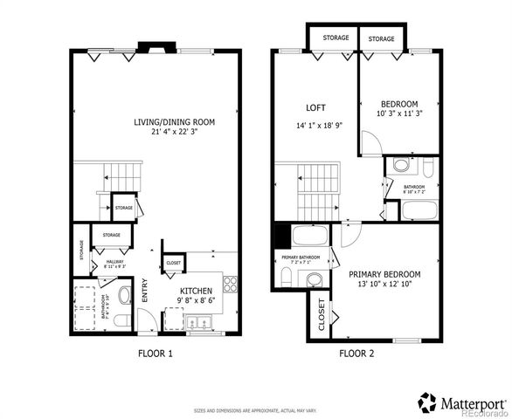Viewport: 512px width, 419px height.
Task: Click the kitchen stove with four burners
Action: click(x=230, y=284)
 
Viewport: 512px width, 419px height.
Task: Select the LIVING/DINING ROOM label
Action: click(x=174, y=122)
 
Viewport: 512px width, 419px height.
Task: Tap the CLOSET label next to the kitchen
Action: click(x=173, y=263)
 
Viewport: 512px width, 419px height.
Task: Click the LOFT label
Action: click(x=315, y=108)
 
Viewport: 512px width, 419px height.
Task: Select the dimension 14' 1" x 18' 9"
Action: click(x=319, y=125)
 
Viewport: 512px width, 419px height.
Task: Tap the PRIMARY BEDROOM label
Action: click(x=384, y=274)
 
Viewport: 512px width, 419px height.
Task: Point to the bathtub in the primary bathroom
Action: click(x=311, y=236)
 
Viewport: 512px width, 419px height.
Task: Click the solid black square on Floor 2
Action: click(x=281, y=237)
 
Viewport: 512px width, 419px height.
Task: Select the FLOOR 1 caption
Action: click(x=156, y=354)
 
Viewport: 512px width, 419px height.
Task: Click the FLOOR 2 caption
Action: click(x=356, y=354)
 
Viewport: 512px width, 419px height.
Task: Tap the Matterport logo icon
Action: click(x=427, y=402)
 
